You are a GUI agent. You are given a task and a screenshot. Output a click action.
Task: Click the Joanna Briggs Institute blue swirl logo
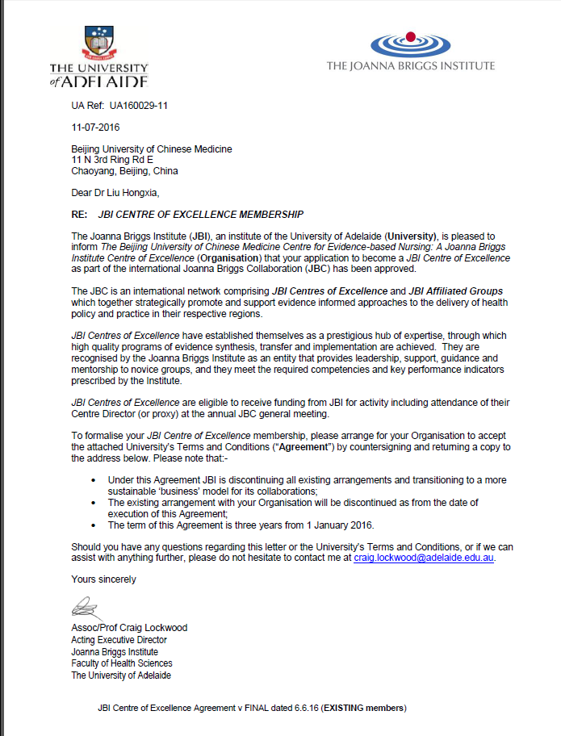(x=410, y=41)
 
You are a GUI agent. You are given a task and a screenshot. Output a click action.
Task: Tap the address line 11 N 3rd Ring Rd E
(x=112, y=160)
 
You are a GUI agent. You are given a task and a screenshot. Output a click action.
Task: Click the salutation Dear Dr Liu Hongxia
(x=115, y=192)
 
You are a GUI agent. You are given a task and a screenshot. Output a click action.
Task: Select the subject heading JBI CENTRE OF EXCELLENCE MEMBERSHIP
(x=200, y=215)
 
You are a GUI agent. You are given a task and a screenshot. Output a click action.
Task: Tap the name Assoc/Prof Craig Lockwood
(x=129, y=628)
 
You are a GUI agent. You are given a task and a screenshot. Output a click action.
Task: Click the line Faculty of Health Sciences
(x=121, y=663)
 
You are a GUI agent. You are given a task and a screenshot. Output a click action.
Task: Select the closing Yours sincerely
(x=103, y=579)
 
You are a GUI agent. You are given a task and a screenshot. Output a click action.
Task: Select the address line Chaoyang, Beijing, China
(x=124, y=171)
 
